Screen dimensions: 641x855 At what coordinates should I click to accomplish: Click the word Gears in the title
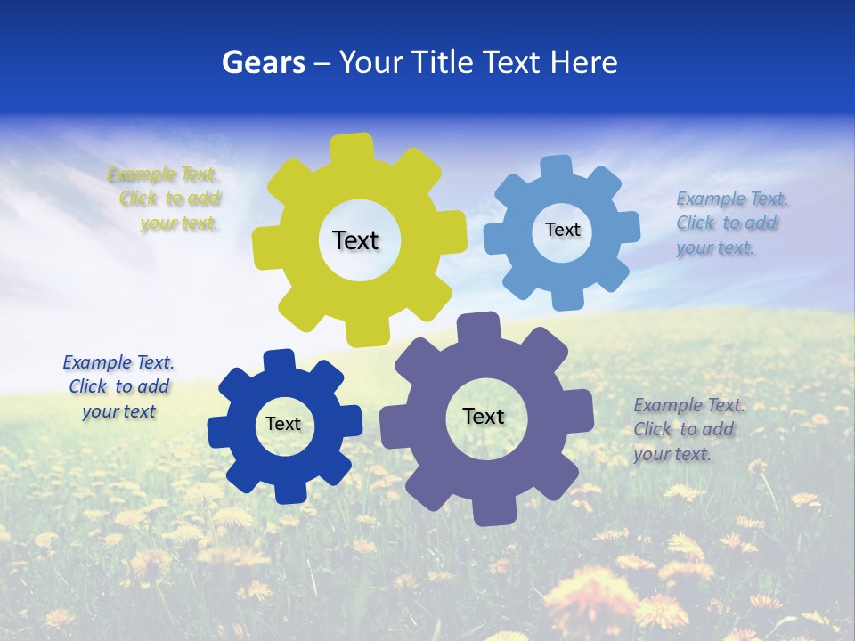coord(263,62)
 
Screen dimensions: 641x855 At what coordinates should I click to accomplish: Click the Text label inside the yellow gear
coord(355,240)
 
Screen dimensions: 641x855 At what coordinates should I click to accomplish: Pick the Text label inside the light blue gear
coord(562,230)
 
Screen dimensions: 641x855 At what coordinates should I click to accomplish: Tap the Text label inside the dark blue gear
coord(283,424)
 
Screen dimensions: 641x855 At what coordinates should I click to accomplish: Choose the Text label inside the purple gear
coord(484,416)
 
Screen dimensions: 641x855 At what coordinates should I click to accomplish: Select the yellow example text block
coord(166,199)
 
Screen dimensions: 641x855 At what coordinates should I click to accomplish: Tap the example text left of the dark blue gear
coord(118,386)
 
